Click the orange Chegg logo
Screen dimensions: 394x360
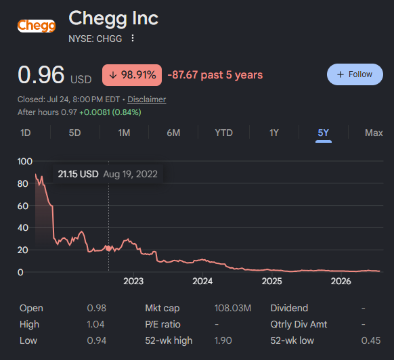point(37,26)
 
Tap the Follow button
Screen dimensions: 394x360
point(355,74)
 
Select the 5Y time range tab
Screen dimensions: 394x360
point(323,133)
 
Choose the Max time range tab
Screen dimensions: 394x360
point(374,133)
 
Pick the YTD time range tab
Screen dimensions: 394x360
point(223,133)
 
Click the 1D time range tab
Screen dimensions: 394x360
point(25,133)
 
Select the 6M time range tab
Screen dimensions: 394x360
point(173,133)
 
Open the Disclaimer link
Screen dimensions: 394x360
point(147,99)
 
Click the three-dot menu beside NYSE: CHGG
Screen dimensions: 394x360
point(133,39)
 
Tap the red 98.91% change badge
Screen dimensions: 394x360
point(132,75)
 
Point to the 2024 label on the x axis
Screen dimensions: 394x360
point(202,281)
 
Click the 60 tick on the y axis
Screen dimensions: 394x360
point(23,206)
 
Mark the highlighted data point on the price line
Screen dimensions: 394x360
point(108,248)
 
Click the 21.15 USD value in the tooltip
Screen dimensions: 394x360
point(78,174)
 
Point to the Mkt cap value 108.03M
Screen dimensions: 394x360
point(233,308)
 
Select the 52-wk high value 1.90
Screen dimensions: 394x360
point(223,340)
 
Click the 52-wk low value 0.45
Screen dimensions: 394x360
point(371,340)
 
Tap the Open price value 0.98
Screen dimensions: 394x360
point(97,308)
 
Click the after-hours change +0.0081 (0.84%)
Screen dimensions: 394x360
point(110,112)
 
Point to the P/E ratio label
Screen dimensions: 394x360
point(163,324)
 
